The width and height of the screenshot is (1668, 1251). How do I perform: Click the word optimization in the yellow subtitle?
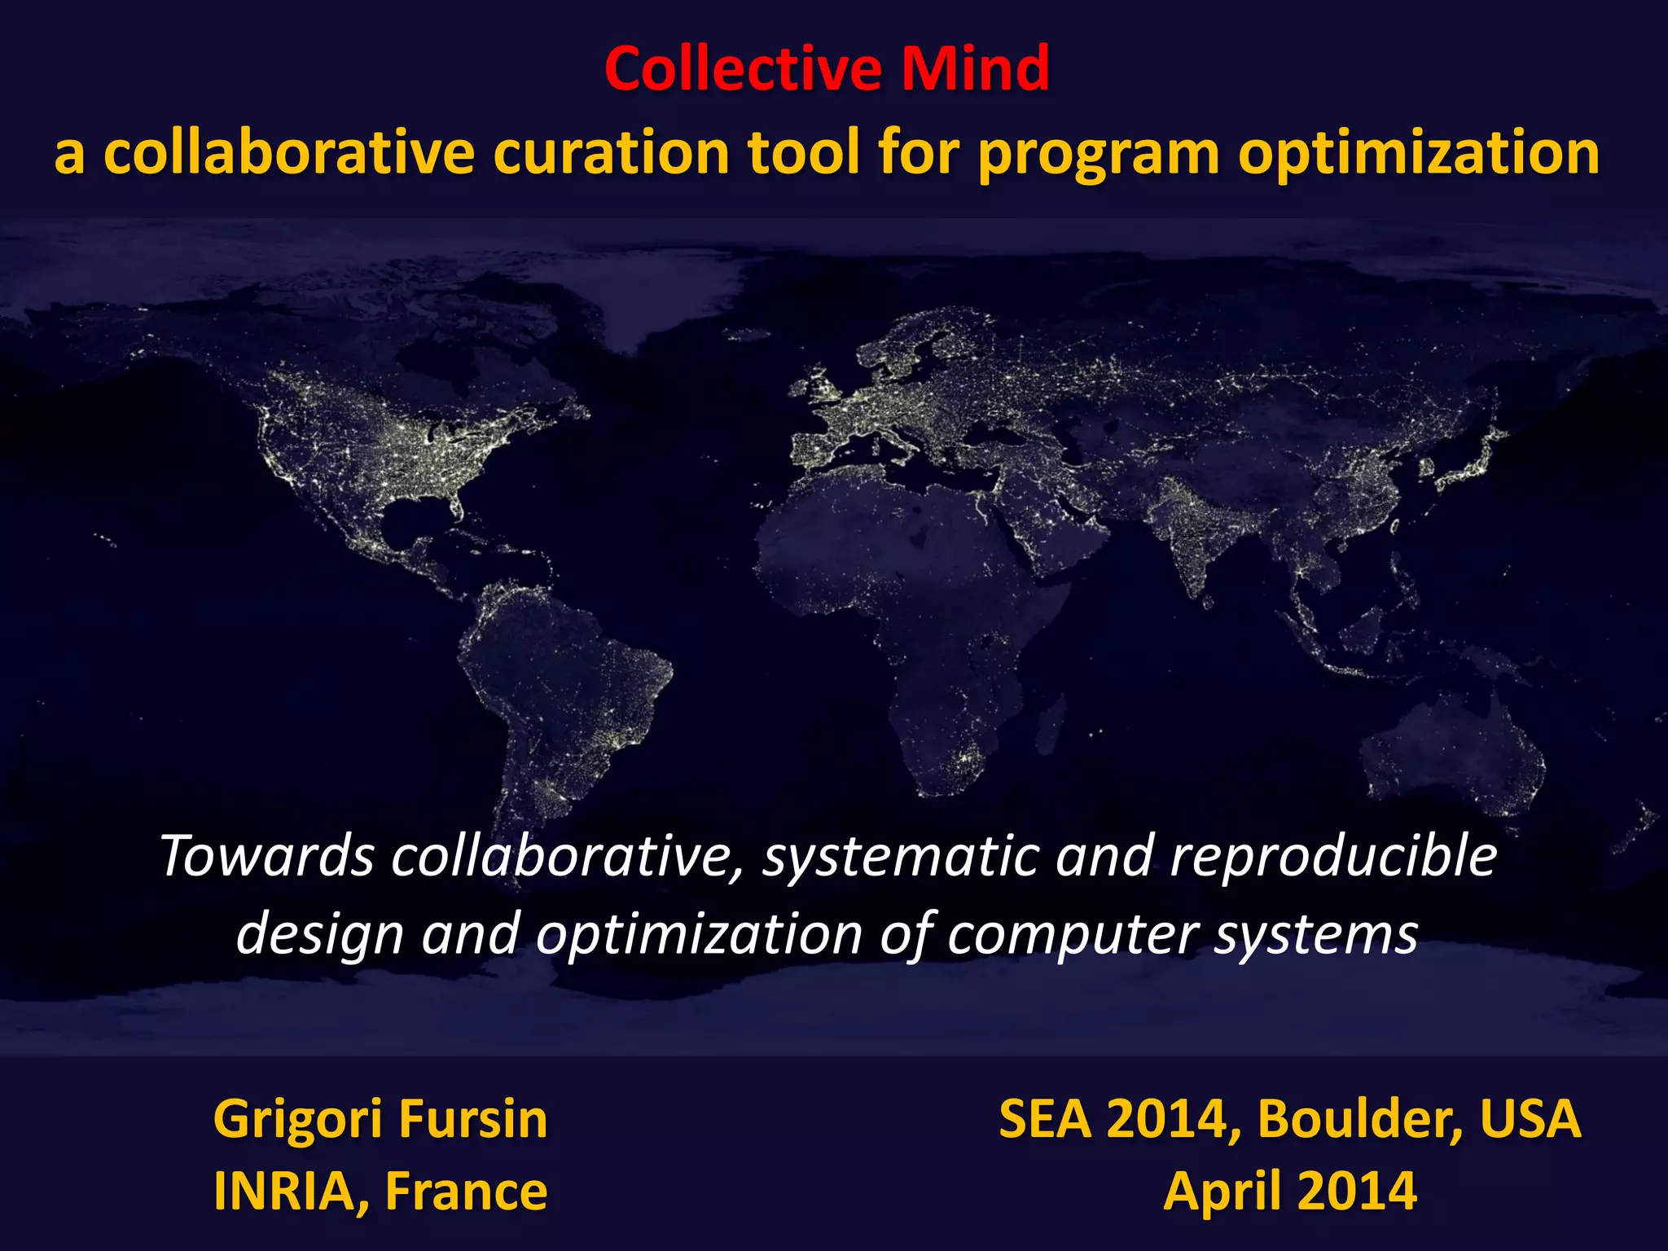point(1419,153)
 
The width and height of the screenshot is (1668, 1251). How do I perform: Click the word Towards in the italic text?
point(267,857)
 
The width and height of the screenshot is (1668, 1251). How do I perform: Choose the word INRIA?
point(283,1192)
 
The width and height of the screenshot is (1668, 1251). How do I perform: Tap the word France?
point(466,1192)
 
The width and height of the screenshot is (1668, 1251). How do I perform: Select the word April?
point(1222,1192)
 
